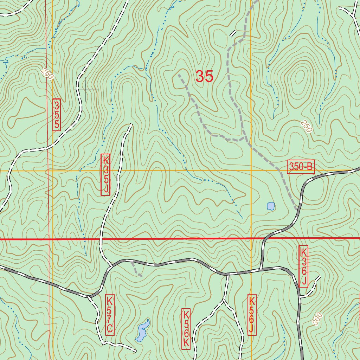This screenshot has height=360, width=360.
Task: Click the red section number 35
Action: (204, 76)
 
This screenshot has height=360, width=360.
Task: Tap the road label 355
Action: (57, 115)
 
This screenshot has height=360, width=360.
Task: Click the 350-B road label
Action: (301, 167)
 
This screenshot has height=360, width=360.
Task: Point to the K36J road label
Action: (304, 266)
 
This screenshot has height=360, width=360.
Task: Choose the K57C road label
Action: (110, 315)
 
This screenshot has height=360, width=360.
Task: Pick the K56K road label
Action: (186, 329)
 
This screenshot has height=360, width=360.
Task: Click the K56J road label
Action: (252, 315)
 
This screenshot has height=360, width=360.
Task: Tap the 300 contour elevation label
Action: (317, 319)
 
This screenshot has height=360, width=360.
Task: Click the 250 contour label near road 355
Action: (46, 74)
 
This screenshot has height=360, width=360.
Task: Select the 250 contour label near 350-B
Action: (306, 127)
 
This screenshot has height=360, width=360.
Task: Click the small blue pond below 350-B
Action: (270, 206)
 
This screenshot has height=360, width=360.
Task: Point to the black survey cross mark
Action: (85, 89)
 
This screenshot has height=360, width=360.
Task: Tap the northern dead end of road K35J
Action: (131, 124)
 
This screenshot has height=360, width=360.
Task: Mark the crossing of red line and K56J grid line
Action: (251, 239)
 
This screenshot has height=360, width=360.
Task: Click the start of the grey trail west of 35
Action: (179, 75)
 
